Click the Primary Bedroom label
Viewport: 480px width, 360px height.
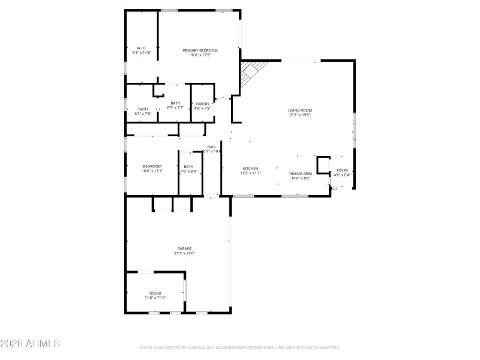click(x=200, y=50)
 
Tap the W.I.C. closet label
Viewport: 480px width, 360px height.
click(x=142, y=48)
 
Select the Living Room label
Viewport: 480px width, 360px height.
click(x=300, y=110)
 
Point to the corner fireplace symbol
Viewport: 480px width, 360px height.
click(x=250, y=73)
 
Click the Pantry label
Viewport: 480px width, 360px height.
click(x=203, y=103)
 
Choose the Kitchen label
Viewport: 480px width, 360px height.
click(x=250, y=169)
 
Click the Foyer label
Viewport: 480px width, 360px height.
click(x=341, y=170)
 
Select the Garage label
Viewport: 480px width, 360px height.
click(x=184, y=248)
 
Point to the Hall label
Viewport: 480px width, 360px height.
click(x=212, y=146)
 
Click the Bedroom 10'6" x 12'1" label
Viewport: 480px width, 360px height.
click(x=152, y=166)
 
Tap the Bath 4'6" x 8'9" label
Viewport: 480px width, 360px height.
click(x=188, y=166)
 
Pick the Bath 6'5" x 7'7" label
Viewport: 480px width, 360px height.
click(x=175, y=103)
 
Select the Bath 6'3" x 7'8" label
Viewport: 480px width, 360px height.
click(x=143, y=109)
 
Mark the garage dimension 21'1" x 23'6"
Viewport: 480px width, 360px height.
click(x=184, y=253)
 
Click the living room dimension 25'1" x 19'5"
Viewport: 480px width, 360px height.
click(x=300, y=115)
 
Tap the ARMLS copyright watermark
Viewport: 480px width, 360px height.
click(x=30, y=344)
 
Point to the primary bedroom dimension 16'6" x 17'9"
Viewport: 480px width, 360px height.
click(x=200, y=55)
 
